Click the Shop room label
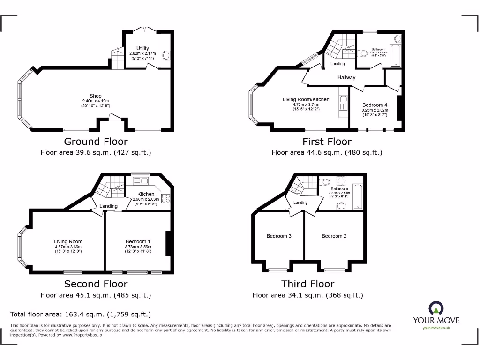[96, 96]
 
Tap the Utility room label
[142, 48]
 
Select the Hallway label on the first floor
[346, 77]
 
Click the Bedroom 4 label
[375, 105]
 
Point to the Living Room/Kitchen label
[306, 99]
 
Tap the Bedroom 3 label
[279, 236]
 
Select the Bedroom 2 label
[334, 236]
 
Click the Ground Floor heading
[96, 141]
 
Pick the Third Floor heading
[307, 284]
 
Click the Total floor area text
[81, 315]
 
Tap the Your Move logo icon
[436, 308]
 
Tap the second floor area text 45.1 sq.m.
[96, 295]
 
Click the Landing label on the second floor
[108, 206]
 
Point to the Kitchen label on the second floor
[146, 194]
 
